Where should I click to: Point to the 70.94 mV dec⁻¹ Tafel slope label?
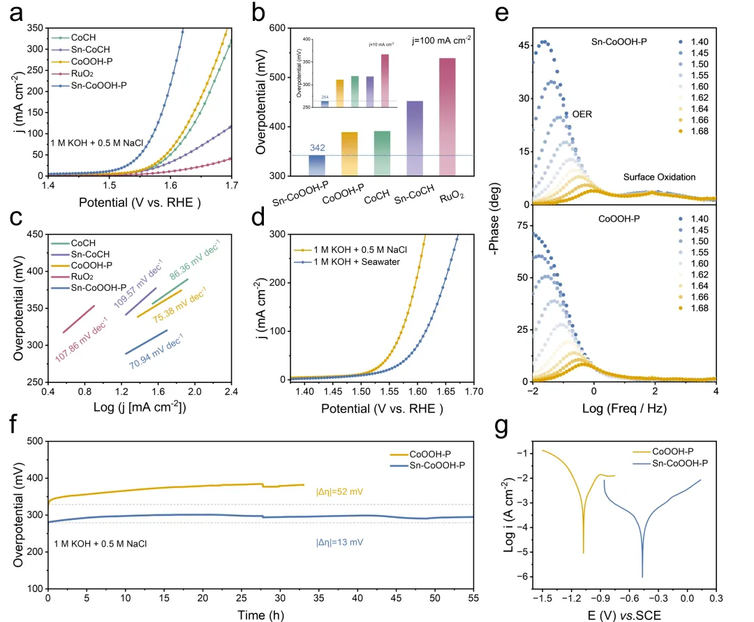click(x=155, y=350)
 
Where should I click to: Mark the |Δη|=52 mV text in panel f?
click(x=341, y=492)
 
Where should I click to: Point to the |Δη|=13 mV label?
click(x=341, y=542)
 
